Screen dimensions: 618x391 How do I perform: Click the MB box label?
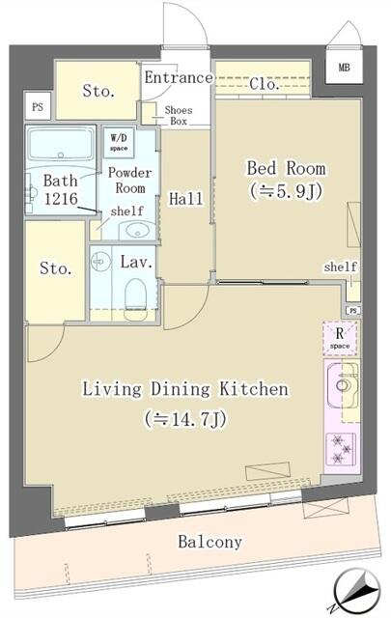tap(345, 68)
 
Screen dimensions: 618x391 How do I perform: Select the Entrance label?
tap(178, 78)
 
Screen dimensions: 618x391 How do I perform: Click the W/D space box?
tap(119, 143)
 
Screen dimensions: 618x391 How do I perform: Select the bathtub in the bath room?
tap(60, 147)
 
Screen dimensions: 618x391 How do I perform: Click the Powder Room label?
tap(127, 181)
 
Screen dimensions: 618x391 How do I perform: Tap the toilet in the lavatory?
tap(137, 291)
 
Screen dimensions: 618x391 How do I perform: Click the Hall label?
tap(185, 199)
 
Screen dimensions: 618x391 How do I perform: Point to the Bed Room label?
tap(285, 168)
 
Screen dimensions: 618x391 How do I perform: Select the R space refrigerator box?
tap(341, 338)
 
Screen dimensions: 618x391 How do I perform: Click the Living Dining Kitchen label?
tap(184, 390)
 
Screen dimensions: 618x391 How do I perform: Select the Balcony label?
tap(209, 542)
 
